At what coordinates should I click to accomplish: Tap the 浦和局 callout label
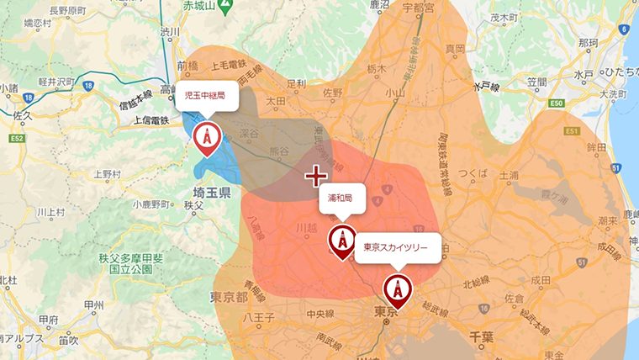[x=341, y=199]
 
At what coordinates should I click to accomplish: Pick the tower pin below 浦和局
[x=341, y=241]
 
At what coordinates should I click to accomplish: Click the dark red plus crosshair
[x=315, y=176]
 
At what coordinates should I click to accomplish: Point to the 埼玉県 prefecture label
[x=207, y=192]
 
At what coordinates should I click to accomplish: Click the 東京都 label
[x=228, y=298]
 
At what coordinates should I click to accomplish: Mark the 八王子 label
[x=254, y=318]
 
